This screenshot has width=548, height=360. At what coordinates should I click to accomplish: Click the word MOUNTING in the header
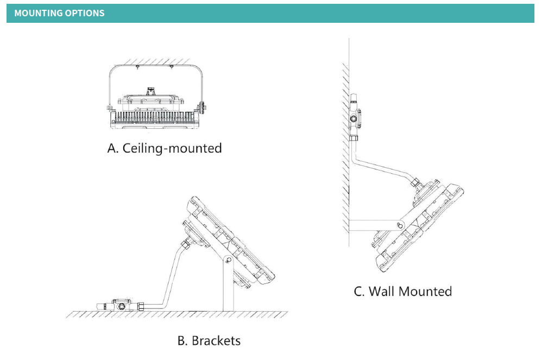(x=38, y=13)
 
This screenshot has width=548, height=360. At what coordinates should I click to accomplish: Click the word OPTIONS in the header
(x=85, y=13)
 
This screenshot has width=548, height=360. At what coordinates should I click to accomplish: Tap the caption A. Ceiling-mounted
(x=165, y=148)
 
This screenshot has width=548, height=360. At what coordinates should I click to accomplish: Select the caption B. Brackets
(x=209, y=341)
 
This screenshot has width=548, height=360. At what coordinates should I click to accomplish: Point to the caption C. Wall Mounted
(x=402, y=292)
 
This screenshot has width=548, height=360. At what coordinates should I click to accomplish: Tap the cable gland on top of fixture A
(x=152, y=91)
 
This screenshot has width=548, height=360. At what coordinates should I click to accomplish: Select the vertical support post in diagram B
(x=228, y=288)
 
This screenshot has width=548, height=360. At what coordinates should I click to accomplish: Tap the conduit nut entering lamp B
(x=187, y=243)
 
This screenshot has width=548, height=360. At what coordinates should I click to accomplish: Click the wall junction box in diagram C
(x=355, y=117)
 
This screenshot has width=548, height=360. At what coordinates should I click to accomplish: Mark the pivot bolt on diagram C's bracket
(x=401, y=224)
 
